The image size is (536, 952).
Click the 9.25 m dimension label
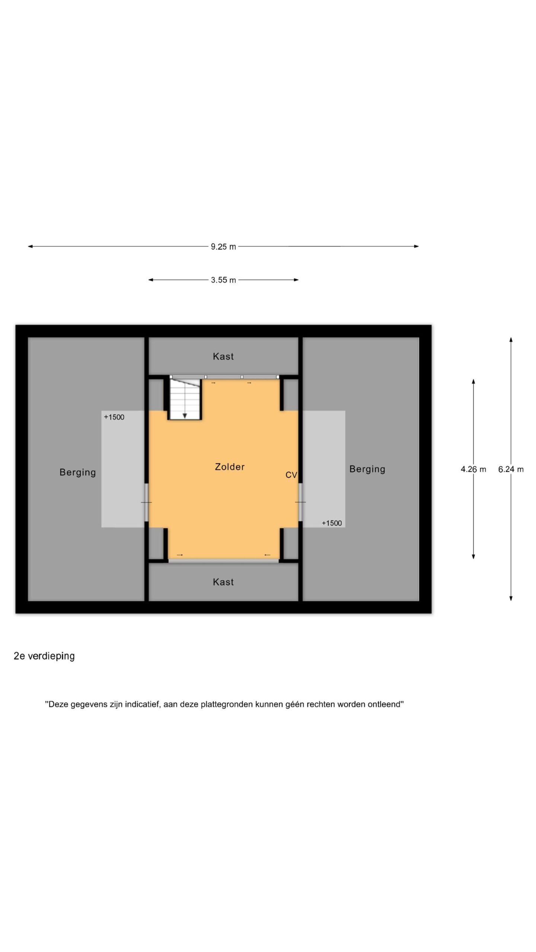223,247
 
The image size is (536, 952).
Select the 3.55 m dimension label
223,280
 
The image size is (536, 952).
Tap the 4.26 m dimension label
473,469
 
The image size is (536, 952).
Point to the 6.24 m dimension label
511,469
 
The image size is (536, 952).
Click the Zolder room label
230,467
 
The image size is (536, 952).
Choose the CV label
291,475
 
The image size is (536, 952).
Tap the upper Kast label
223,356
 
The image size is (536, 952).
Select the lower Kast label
223,582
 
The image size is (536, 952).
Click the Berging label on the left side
78,473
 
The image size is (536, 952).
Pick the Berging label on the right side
367,469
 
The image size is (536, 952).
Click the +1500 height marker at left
114,417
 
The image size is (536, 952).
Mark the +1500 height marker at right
332,523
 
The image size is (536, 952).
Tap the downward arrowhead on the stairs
185,416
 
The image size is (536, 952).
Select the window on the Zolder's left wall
147,502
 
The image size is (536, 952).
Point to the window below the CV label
300,502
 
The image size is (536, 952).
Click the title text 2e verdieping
44,656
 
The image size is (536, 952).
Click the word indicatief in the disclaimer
142,704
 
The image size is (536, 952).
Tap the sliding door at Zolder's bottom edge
223,560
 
